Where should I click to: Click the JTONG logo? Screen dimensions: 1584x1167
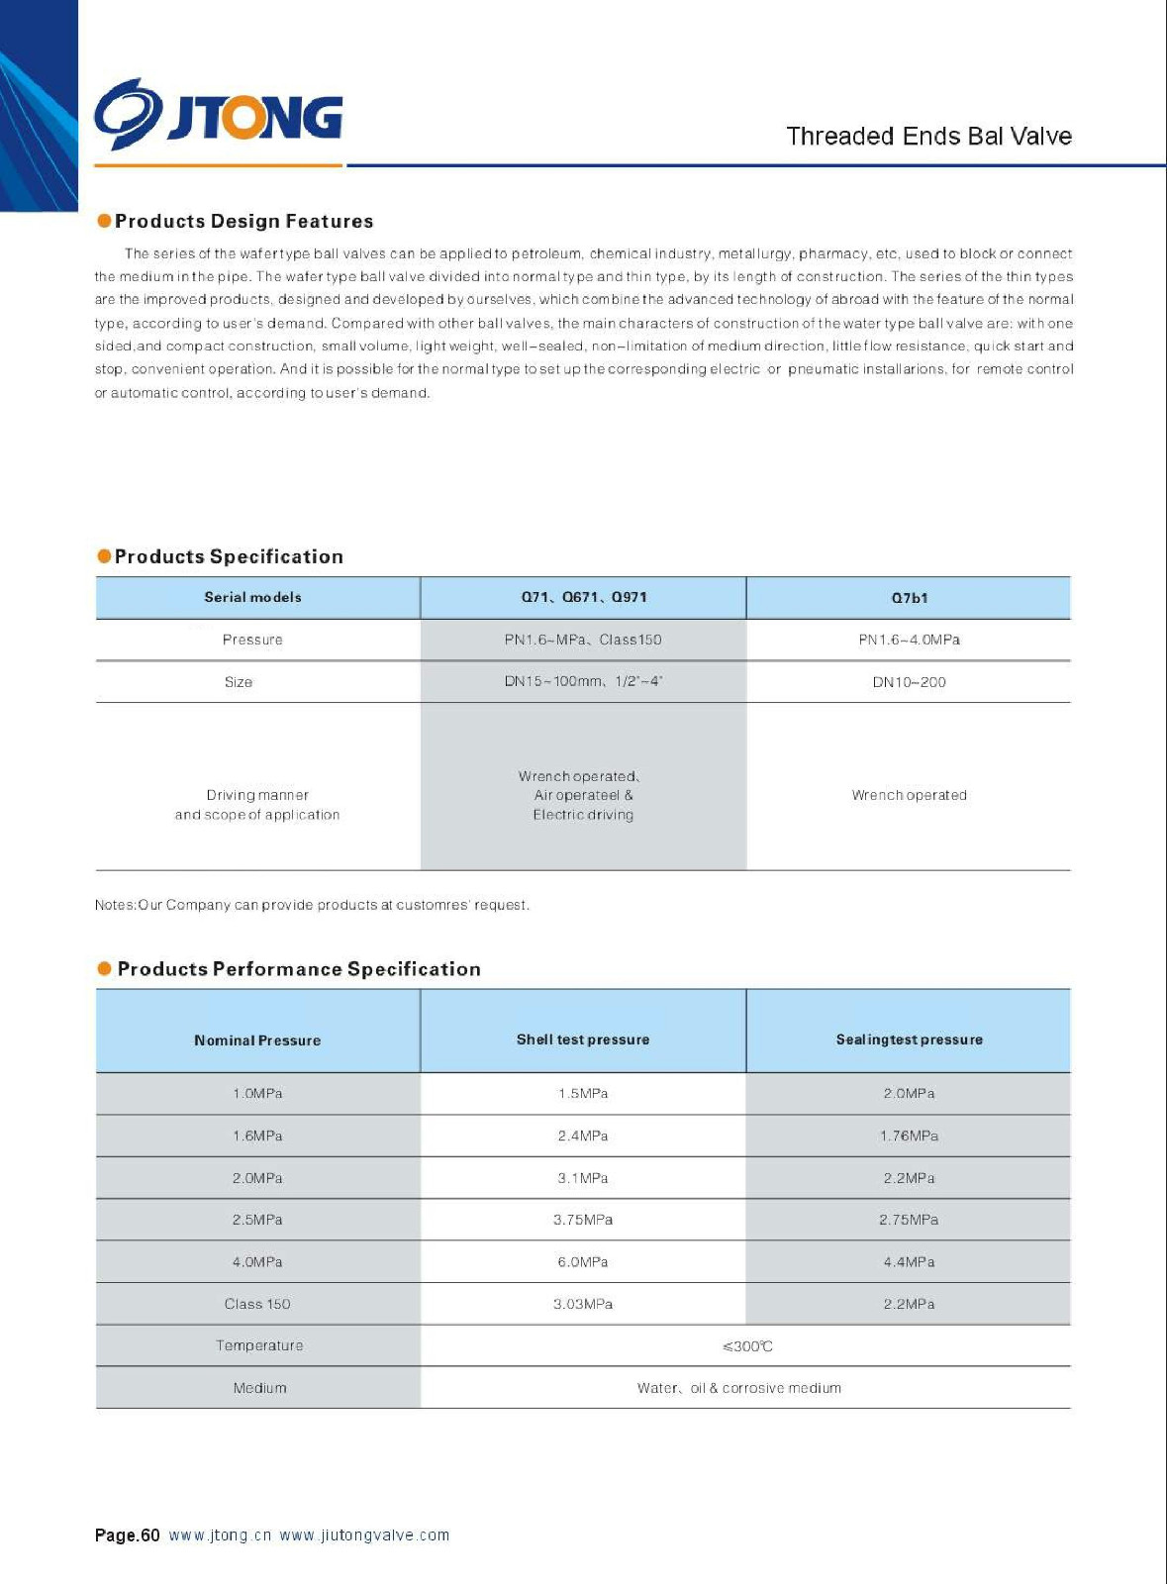(219, 116)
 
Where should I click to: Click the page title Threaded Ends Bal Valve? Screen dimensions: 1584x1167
(928, 137)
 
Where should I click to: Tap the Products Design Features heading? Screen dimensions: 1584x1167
(243, 221)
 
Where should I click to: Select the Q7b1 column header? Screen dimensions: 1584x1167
(909, 598)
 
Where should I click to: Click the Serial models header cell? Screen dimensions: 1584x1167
(252, 597)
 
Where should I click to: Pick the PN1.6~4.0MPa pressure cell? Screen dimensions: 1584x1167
(909, 640)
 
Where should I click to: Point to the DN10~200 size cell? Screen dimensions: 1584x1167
(909, 682)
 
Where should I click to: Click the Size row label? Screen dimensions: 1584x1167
(239, 682)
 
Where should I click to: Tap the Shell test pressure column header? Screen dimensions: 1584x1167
(583, 1039)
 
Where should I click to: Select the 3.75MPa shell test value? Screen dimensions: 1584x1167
(583, 1220)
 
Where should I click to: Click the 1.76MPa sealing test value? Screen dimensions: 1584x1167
(909, 1136)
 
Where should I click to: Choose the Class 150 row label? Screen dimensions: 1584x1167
(257, 1304)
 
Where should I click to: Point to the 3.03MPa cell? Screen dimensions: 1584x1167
(583, 1304)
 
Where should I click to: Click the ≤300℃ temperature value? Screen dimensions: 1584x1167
(747, 1346)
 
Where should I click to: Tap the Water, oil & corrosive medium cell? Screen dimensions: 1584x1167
(739, 1388)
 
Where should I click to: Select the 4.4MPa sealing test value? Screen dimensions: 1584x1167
(909, 1262)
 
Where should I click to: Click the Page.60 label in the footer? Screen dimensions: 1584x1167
(127, 1535)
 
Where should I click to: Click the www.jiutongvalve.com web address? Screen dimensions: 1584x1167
(364, 1535)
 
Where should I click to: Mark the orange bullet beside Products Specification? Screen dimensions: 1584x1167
(104, 556)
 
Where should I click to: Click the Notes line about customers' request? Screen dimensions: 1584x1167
(312, 905)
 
